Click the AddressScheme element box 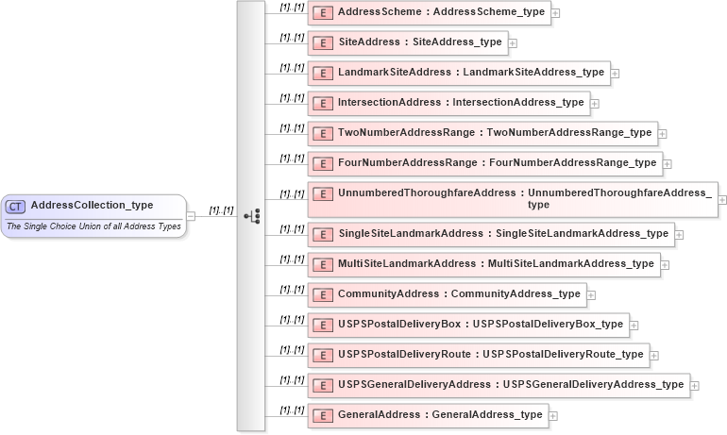pyautogui.click(x=429, y=13)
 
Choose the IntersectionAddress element pyautogui.click(x=448, y=103)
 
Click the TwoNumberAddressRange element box pyautogui.click(x=482, y=133)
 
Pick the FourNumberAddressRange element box pyautogui.click(x=484, y=163)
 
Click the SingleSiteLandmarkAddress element pyautogui.click(x=491, y=234)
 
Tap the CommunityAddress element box pyautogui.click(x=447, y=294)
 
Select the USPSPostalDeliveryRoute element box pyautogui.click(x=479, y=355)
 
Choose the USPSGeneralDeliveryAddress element pyautogui.click(x=499, y=385)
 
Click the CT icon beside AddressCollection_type pyautogui.click(x=16, y=207)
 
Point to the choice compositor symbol pyautogui.click(x=252, y=216)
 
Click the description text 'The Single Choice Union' pyautogui.click(x=93, y=226)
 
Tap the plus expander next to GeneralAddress pyautogui.click(x=553, y=416)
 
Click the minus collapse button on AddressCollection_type pyautogui.click(x=191, y=216)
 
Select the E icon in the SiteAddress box pyautogui.click(x=322, y=43)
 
